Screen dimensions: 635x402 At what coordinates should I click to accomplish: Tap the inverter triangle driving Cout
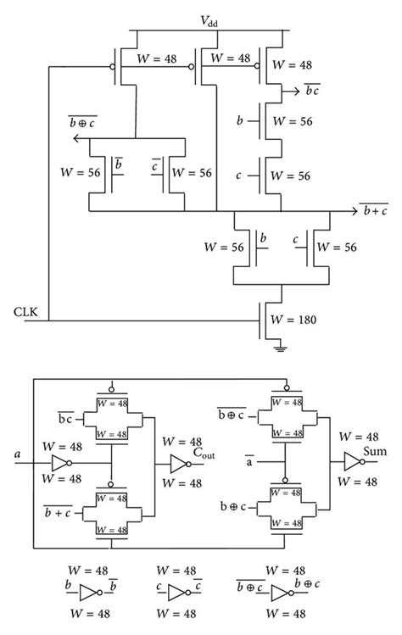coord(177,463)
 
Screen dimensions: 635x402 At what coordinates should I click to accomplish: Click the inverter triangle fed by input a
coord(59,463)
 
